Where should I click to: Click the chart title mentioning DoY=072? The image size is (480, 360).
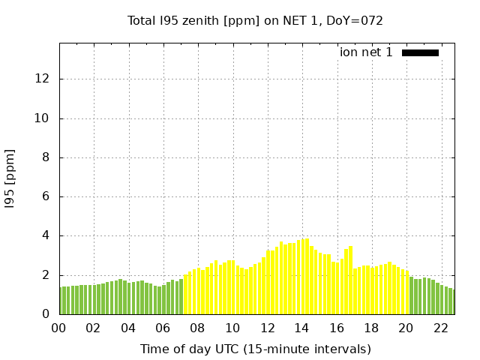255,21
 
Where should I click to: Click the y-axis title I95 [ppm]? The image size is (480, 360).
10,178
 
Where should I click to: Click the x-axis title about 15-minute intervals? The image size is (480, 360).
255,349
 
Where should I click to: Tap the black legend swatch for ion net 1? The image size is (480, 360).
420,52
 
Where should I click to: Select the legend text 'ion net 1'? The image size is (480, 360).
366,52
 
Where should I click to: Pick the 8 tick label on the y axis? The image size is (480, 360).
46,157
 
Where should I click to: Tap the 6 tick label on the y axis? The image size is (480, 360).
46,196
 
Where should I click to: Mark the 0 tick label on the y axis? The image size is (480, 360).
46,314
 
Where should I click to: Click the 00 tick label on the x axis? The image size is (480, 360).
58,328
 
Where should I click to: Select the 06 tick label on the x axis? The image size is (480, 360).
163,328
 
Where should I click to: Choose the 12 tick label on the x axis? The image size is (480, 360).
267,328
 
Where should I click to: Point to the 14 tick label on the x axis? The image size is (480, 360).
301,328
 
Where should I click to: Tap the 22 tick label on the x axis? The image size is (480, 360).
440,328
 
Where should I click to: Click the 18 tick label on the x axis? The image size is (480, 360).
371,328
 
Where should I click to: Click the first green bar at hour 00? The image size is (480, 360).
61,301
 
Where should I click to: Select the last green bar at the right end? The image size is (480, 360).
452,301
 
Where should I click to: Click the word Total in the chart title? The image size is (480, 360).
142,21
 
